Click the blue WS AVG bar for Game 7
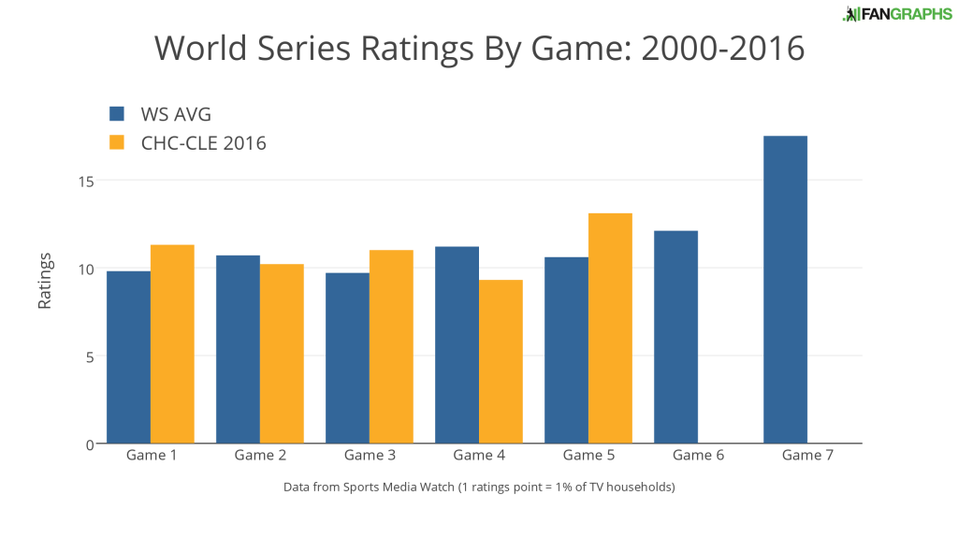coord(785,290)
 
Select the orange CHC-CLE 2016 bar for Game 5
coord(610,328)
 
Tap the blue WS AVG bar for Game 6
coord(675,337)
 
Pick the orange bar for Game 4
coord(501,361)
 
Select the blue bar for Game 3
coord(347,358)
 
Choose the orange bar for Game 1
coord(172,344)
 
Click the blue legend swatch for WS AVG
coord(117,114)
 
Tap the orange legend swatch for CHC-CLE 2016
coord(117,143)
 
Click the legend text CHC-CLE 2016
coord(203,143)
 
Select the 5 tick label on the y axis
coord(89,357)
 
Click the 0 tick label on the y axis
coord(89,444)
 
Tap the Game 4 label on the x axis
coord(479,456)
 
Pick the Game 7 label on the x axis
coord(807,456)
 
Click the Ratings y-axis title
coord(44,281)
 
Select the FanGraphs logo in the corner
coord(896,13)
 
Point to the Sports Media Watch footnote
coord(479,488)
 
